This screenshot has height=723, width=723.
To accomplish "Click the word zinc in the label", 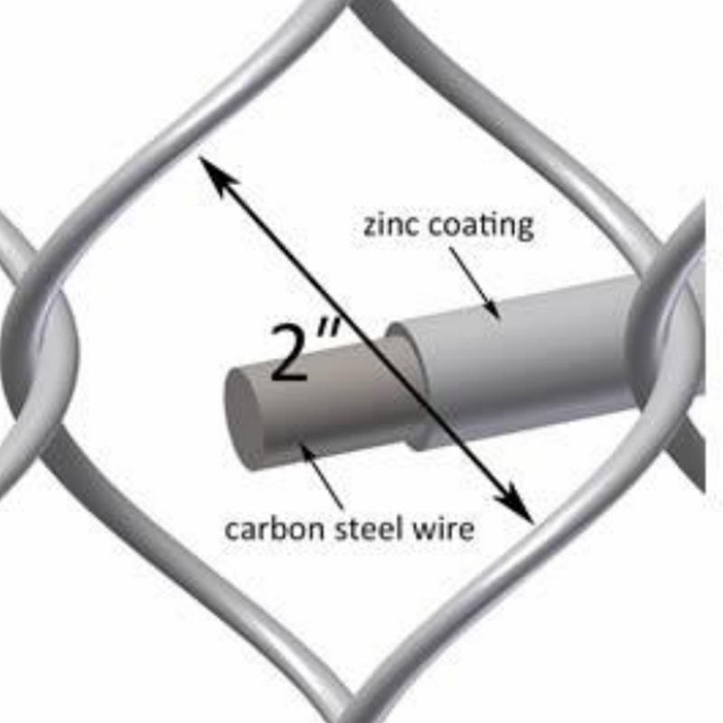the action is pos(390,225).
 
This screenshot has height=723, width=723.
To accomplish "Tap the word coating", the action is pos(480,226).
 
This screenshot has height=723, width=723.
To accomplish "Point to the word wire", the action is pos(444,528).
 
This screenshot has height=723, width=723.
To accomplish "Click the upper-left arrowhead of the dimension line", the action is pos(213,173).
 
